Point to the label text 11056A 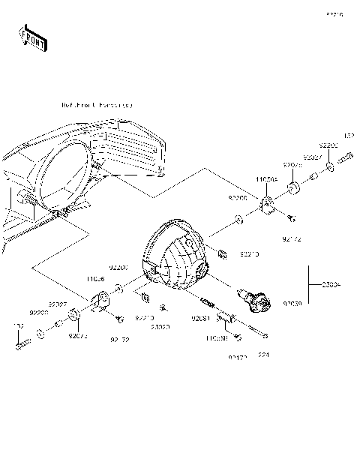(266, 181)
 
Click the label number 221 (263, 355)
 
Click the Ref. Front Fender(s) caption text (97, 106)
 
